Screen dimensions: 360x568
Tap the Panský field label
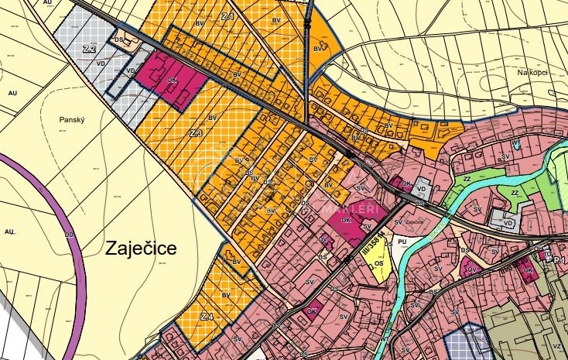(x=70, y=120)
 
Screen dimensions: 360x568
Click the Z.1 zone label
(x=228, y=15)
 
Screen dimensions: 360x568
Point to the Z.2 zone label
(x=89, y=49)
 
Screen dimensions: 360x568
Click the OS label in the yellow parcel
(x=378, y=263)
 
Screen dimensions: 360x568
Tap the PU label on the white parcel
(x=402, y=242)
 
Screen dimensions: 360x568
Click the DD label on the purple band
(x=69, y=233)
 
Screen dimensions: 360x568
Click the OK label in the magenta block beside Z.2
(x=173, y=80)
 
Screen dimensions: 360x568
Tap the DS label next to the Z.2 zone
(x=118, y=39)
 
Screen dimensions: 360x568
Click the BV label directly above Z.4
(x=226, y=295)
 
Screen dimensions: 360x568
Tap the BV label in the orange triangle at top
(x=317, y=48)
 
